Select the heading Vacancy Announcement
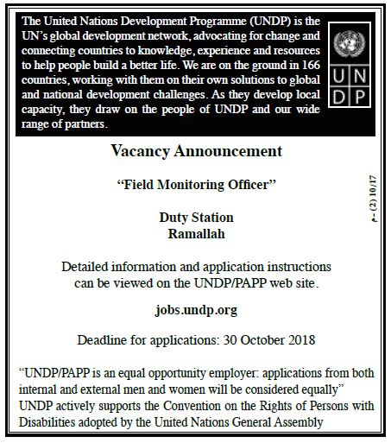[x=197, y=151]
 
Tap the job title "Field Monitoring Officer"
[x=197, y=184]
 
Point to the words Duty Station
[x=197, y=217]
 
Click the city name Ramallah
[x=197, y=232]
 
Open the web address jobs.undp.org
[x=197, y=309]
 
